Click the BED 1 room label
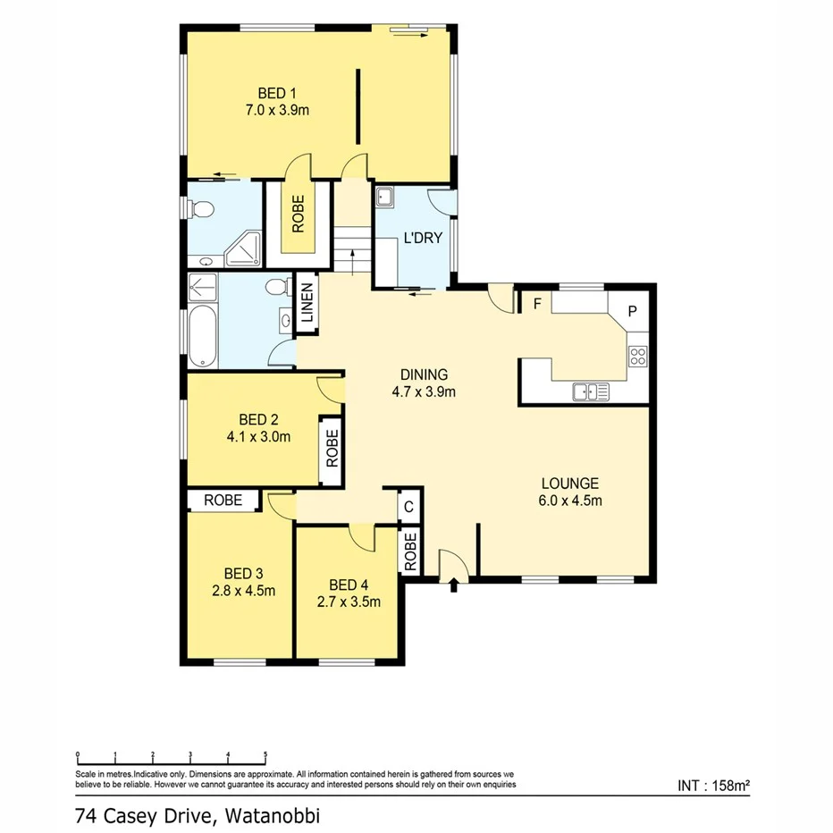[276, 93]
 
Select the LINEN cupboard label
[307, 303]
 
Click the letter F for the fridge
[537, 303]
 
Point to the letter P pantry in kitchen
[632, 312]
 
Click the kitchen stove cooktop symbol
[637, 357]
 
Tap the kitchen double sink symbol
[591, 391]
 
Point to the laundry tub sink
[386, 198]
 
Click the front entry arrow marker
[454, 585]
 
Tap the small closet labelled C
[408, 507]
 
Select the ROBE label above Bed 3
[223, 501]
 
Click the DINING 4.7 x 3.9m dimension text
[424, 391]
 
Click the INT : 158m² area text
[713, 787]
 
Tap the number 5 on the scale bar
[265, 754]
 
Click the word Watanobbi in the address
[272, 815]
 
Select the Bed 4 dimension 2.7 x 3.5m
[349, 602]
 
